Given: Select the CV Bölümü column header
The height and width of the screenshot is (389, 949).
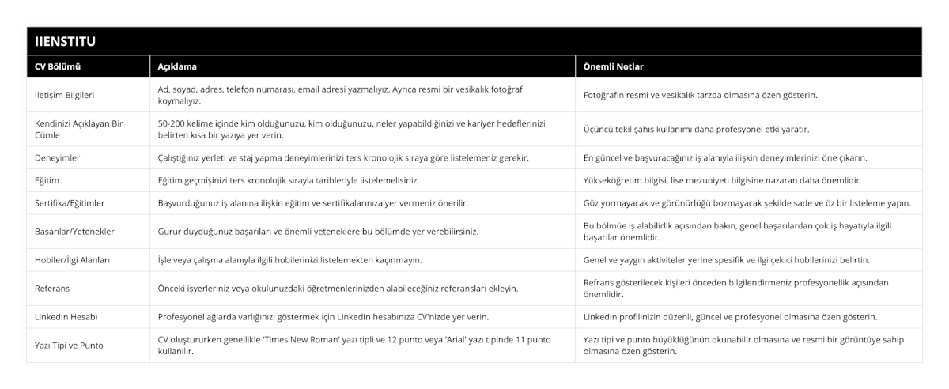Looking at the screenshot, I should [59, 66].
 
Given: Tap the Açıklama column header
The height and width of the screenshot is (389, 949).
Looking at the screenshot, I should [177, 66].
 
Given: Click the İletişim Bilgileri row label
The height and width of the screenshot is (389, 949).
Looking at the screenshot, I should [65, 95].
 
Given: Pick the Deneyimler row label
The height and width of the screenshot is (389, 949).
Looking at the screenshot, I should [58, 157].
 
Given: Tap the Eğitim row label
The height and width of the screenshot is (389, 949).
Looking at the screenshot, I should [47, 180].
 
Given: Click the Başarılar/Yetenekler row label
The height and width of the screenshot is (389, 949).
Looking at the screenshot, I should [76, 232].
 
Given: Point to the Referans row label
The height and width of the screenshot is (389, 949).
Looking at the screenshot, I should [53, 288].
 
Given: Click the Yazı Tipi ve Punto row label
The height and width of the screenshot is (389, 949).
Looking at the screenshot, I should [69, 345].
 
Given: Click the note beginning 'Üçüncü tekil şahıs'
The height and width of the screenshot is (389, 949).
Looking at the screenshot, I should [696, 129].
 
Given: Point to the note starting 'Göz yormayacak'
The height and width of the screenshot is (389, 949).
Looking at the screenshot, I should [747, 203].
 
